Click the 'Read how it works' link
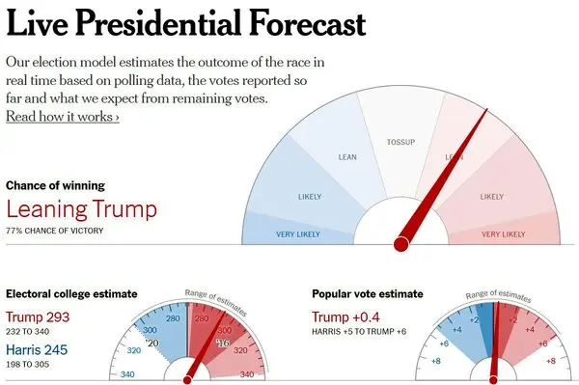point(63,117)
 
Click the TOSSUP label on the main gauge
point(400,142)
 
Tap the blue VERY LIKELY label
point(298,234)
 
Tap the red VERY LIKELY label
point(503,234)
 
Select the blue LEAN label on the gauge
point(347,157)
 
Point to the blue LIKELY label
point(310,197)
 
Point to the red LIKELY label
point(491,197)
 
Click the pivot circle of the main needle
point(401,244)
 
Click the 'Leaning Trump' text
point(82,209)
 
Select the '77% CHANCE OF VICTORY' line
point(55,231)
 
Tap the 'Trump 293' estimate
point(38,317)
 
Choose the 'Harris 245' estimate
point(37,349)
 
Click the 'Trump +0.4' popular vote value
point(345,317)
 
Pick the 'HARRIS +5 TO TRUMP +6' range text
point(359,332)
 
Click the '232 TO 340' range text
point(28,332)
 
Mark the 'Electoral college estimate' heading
point(71,294)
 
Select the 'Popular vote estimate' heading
point(368,294)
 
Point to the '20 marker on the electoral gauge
point(152,344)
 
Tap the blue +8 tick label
point(436,361)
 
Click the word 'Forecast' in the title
point(307,23)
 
